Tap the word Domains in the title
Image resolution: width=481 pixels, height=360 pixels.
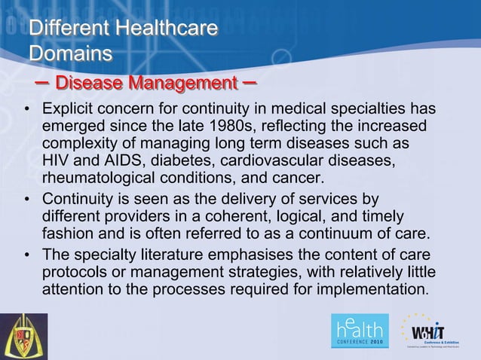click(70, 54)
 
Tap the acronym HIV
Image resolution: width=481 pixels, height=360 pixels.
click(56, 161)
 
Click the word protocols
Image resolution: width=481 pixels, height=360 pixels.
click(75, 272)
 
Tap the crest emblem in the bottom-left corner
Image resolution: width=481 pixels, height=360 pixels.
click(23, 336)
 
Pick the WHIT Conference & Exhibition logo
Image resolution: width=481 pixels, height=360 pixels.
click(435, 332)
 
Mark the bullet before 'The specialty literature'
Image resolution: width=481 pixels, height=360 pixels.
click(26, 255)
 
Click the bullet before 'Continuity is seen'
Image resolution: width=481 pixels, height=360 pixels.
click(26, 200)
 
